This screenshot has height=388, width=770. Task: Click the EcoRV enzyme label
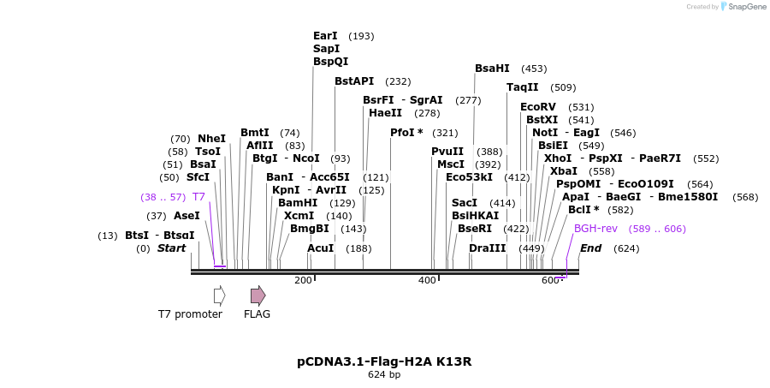tap(537, 107)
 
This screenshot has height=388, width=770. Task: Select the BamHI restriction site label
tap(298, 203)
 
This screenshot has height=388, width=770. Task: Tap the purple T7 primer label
tap(198, 197)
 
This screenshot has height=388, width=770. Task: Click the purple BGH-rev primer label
tap(595, 229)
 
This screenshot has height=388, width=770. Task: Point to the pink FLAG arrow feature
tap(258, 295)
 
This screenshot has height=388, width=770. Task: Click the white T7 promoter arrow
tap(219, 295)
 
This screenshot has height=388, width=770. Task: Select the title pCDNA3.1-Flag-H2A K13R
tap(384, 361)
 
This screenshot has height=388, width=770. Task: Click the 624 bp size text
tap(384, 375)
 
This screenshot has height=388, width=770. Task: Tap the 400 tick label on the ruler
tap(427, 281)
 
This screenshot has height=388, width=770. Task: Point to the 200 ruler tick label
tap(303, 281)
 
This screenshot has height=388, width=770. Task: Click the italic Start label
tap(171, 248)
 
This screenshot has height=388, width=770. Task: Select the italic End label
tap(591, 248)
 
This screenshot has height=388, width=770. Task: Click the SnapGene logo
tap(743, 7)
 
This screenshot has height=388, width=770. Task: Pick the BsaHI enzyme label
tap(492, 69)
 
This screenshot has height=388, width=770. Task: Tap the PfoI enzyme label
tap(406, 133)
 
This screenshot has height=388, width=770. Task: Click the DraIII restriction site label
tap(488, 248)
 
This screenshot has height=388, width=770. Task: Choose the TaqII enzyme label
tap(523, 87)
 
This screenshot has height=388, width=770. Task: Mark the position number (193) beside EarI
tap(361, 36)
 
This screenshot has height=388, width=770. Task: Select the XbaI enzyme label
tap(564, 171)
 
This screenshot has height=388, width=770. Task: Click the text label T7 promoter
tap(190, 314)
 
